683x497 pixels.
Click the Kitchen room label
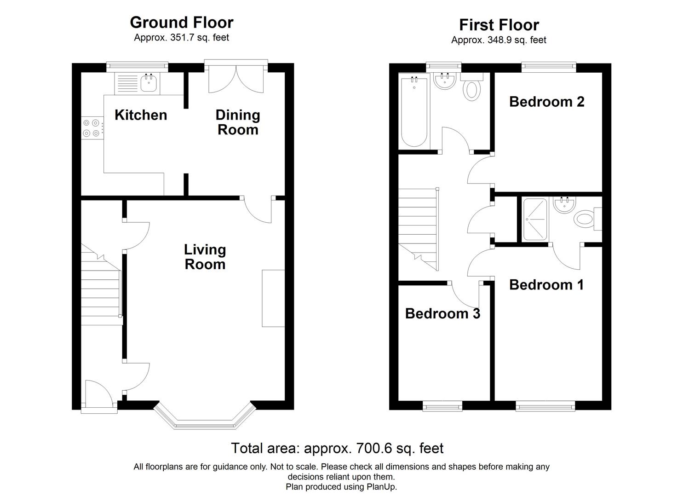pos(140,115)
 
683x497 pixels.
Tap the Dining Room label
pos(238,122)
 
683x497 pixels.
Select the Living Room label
pos(205,257)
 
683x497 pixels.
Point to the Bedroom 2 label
pos(546,102)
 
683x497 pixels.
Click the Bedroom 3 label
pos(442,314)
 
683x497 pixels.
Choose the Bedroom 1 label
pos(546,285)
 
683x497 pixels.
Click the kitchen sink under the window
pos(149,83)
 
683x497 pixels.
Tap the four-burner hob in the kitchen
pos(91,128)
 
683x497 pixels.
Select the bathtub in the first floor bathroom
pos(414,112)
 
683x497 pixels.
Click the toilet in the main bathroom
pos(471,88)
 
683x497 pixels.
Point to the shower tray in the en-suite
pos(535,220)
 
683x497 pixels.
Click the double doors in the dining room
pos(236,78)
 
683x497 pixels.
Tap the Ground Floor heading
pos(181,23)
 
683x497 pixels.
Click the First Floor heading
pos(499,25)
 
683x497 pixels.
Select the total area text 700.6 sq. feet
pos(337,448)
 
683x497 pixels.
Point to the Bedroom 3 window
pos(442,405)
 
